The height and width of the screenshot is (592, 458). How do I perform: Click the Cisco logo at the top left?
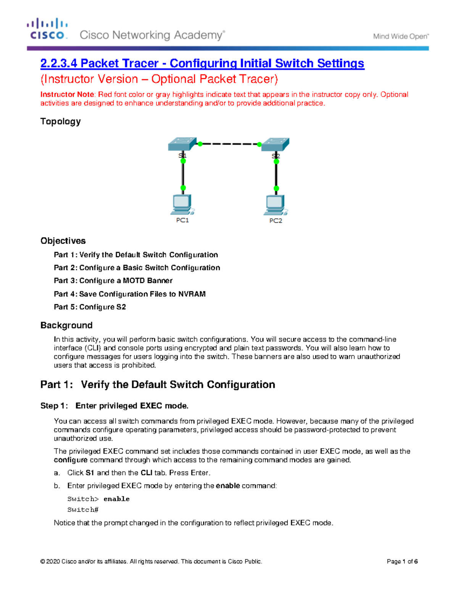coord(47,29)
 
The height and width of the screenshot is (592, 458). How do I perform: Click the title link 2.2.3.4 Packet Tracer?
coord(202,63)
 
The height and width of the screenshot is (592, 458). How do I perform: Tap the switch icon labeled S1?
coord(182,144)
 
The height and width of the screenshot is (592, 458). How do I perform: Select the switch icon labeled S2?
coord(276,145)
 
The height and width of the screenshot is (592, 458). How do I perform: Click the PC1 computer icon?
coord(182,205)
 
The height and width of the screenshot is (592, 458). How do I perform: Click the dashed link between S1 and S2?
coord(229,144)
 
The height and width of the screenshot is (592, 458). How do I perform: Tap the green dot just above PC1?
coord(183,188)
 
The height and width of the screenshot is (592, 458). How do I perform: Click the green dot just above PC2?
coord(276,188)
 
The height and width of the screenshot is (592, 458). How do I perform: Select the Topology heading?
coord(61,122)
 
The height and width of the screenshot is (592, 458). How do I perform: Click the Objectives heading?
coord(63,241)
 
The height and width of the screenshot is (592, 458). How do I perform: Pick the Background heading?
coord(66,325)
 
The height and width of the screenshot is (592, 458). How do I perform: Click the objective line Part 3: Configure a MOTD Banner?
coord(113,281)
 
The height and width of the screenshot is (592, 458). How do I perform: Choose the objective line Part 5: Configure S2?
coord(90,307)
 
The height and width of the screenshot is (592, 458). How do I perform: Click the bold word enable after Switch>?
coord(116,499)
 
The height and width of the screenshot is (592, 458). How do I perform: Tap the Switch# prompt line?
coord(83,510)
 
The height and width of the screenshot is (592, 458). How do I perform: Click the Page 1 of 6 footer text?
coord(402,562)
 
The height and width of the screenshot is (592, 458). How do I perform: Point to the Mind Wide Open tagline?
coord(401,37)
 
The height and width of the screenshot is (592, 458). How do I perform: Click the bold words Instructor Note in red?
coord(67,95)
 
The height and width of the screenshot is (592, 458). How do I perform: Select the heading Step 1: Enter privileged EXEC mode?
coord(114,406)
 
